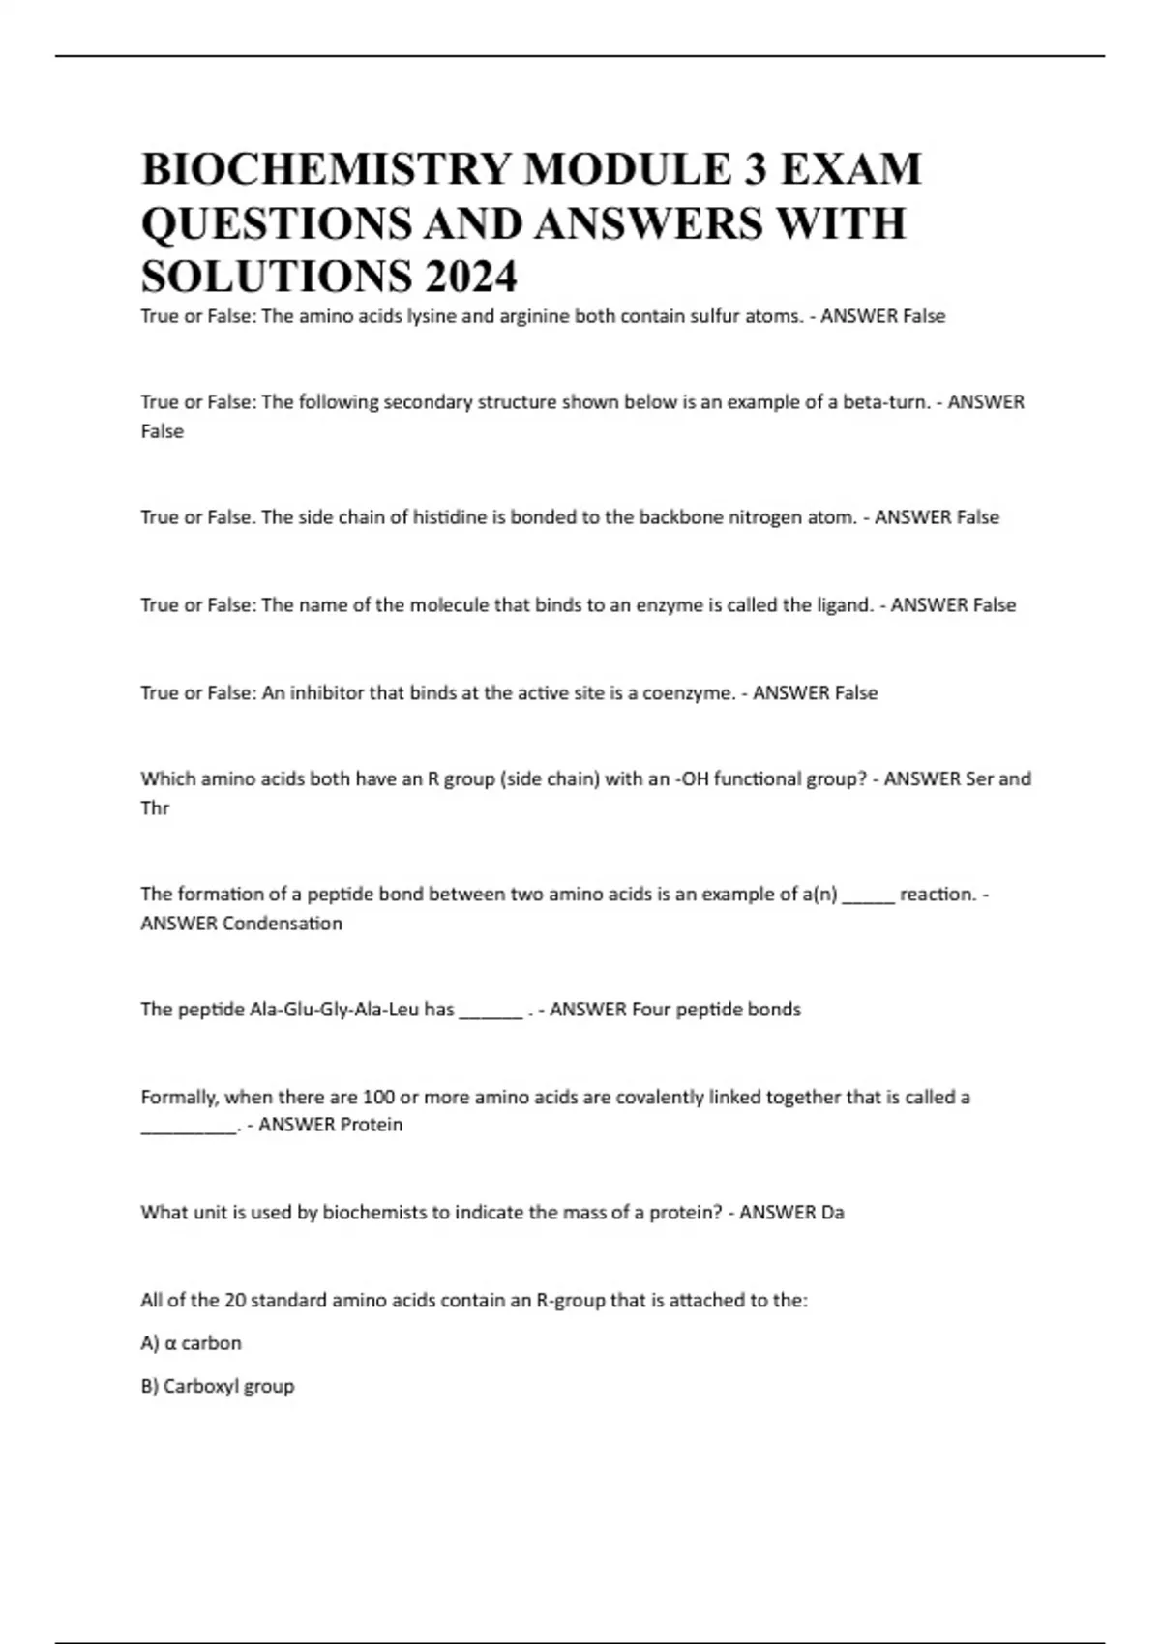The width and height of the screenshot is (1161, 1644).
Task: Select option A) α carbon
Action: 191,1343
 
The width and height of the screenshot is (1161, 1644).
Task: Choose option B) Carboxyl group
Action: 217,1386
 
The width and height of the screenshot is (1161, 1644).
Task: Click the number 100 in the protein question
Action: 376,1098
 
